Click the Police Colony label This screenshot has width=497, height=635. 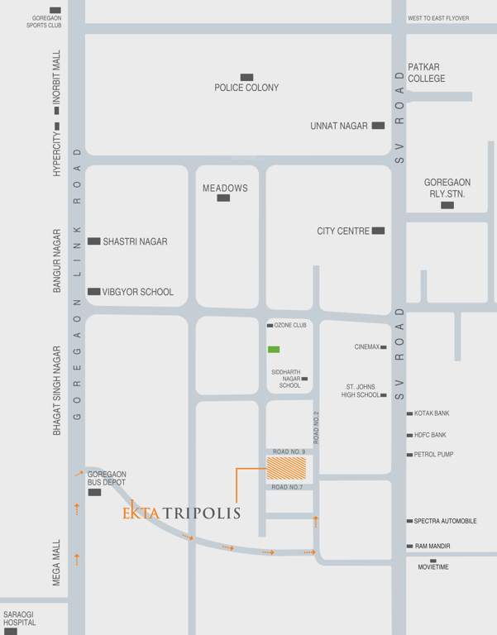(246, 88)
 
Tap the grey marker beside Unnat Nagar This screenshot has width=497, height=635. (378, 126)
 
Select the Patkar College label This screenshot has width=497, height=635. (426, 73)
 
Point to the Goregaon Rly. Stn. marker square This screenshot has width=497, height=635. (447, 204)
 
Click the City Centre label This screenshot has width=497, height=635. (343, 232)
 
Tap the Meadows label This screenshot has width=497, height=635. (225, 189)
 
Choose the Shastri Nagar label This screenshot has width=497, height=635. (135, 241)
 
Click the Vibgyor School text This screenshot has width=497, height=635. (138, 292)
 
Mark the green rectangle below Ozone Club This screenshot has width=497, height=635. (274, 349)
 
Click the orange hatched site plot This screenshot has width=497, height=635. (286, 469)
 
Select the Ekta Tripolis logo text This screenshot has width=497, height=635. (181, 513)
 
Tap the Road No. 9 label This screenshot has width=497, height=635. (289, 451)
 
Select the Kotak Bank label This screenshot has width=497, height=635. (432, 413)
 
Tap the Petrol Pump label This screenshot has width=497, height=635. (433, 455)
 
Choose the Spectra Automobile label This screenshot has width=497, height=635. (445, 521)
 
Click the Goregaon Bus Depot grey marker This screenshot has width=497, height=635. (94, 492)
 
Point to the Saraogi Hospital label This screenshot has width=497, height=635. (20, 618)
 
